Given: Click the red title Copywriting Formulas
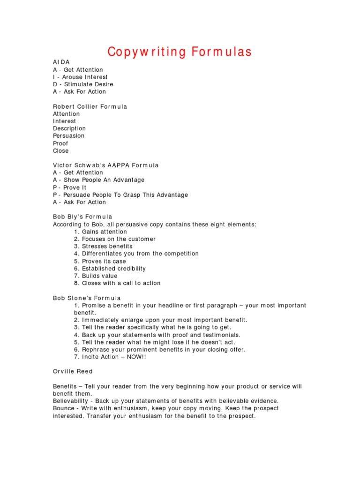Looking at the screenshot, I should tap(180, 52).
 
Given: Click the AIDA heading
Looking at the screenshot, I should tap(61, 62).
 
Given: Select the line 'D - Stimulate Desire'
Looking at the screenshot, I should tap(83, 84).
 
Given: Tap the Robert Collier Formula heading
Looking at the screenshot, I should tap(90, 106).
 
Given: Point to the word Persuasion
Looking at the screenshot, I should tap(69, 136).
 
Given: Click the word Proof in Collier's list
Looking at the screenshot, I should tap(60, 143).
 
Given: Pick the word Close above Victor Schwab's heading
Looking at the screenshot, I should tap(61, 151).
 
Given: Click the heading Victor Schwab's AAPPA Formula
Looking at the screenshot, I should tap(106, 165).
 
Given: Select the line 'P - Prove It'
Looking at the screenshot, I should tap(70, 187).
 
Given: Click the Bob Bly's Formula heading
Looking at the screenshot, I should tap(82, 217).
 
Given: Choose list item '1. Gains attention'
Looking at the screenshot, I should tap(100, 232).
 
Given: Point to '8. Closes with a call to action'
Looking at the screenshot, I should tap(117, 283).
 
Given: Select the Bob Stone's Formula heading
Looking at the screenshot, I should tap(87, 298).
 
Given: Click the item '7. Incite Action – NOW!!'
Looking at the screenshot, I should tap(109, 357).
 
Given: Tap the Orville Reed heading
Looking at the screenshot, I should tap(73, 372).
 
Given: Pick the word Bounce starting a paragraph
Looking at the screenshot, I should tap(63, 408).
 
